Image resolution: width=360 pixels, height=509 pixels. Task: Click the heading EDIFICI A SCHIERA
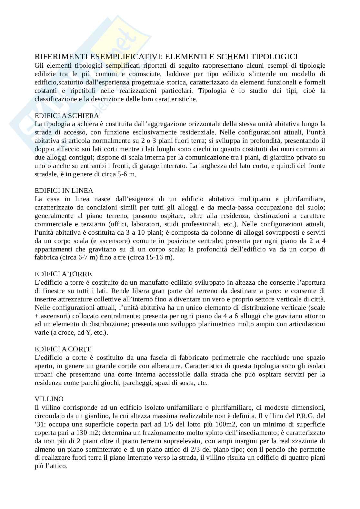point(67,115)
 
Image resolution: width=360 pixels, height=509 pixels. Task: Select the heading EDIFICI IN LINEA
point(64,191)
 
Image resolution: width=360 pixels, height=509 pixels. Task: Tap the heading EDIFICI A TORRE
point(63,274)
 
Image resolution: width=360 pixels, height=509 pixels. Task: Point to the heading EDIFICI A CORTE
point(63,349)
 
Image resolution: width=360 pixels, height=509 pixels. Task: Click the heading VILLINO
point(49,399)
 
